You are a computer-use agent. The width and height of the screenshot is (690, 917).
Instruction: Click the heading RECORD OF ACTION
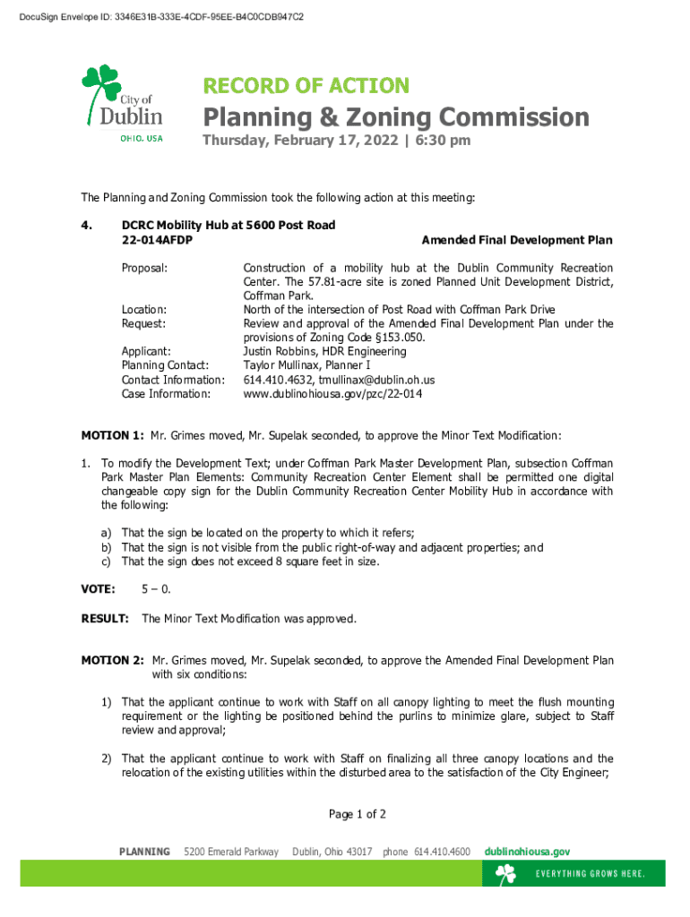(x=306, y=86)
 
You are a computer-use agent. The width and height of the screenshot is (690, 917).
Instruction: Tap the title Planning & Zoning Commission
(x=395, y=117)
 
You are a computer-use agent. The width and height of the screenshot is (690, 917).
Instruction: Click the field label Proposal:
(x=145, y=268)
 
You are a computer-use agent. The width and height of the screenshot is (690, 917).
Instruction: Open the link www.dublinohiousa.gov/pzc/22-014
(x=332, y=393)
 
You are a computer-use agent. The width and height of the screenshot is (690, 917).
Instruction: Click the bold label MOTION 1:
(x=112, y=436)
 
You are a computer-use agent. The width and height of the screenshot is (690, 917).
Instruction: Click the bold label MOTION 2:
(x=112, y=661)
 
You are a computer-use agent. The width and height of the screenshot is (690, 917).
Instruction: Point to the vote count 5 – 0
(x=156, y=589)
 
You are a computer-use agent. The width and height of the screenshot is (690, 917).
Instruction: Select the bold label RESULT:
(x=106, y=619)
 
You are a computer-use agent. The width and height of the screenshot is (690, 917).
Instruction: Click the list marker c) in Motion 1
(x=106, y=561)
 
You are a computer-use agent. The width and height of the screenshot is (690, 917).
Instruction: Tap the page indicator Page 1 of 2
(x=358, y=814)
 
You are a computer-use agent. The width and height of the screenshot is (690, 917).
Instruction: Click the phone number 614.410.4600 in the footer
(x=442, y=852)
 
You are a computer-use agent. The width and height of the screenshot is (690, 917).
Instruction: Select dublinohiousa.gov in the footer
(x=527, y=852)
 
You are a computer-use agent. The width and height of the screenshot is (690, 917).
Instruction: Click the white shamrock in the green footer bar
(x=506, y=874)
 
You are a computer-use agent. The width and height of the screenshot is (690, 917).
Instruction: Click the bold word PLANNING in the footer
(x=144, y=852)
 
